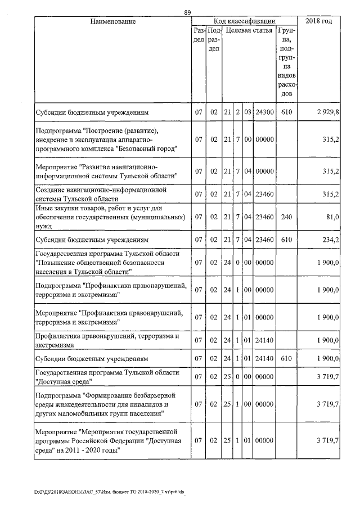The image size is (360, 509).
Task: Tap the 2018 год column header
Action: coord(318,21)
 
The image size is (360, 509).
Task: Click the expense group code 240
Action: coord(286,217)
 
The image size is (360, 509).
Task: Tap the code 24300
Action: coord(264,112)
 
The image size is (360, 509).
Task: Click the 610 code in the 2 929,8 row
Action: coord(286,112)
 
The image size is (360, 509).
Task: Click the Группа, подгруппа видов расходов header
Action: coord(286,62)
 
